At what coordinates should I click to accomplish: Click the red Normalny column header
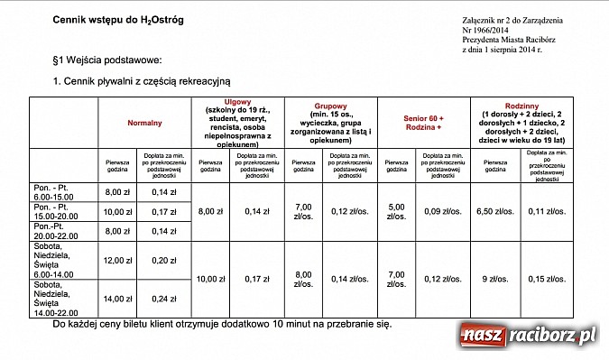(144, 122)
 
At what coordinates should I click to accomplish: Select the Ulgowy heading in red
(238, 103)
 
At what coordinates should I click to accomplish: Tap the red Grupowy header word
(330, 106)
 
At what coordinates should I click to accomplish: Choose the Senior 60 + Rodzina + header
(423, 122)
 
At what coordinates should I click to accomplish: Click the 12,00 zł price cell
(119, 260)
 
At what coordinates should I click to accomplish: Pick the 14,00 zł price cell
(119, 299)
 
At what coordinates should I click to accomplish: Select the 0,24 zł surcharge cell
(163, 299)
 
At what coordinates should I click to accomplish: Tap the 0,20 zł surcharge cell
(163, 260)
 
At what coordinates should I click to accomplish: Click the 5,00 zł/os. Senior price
(396, 211)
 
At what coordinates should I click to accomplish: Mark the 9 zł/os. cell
(494, 279)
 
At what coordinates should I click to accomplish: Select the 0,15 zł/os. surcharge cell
(547, 279)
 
